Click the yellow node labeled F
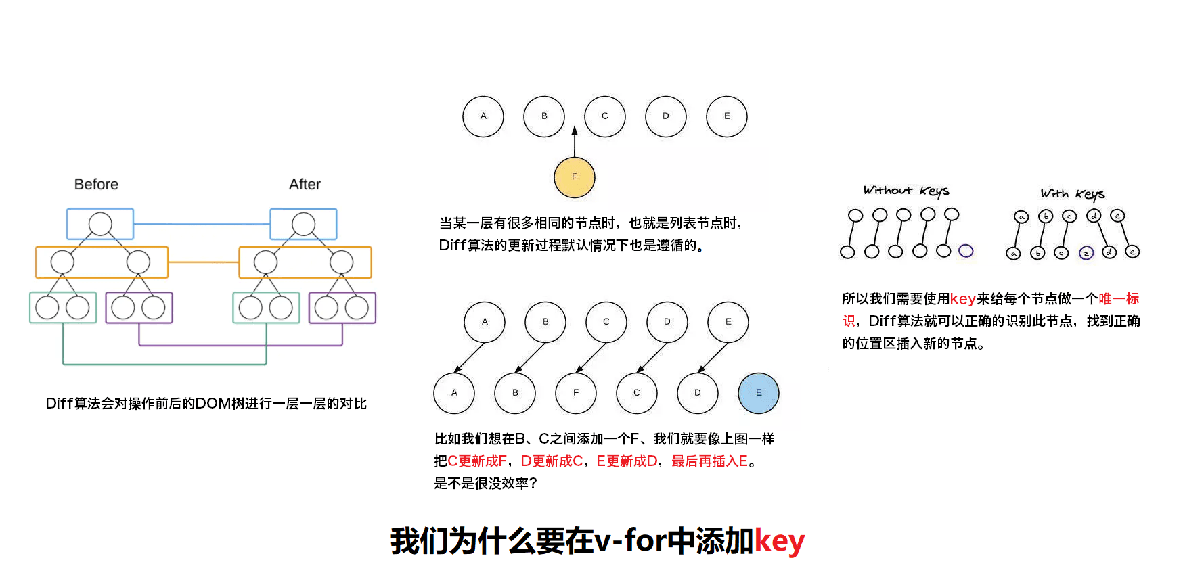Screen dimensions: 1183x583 (575, 177)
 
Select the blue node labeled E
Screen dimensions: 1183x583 (759, 393)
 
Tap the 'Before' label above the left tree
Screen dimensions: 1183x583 (96, 185)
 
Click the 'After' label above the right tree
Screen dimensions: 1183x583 (305, 185)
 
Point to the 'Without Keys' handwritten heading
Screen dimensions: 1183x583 (906, 191)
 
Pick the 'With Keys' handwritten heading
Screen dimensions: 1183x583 (1072, 194)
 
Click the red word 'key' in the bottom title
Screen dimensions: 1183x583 (780, 541)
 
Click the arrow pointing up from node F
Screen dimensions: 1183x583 (575, 141)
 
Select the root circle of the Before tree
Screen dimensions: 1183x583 (100, 224)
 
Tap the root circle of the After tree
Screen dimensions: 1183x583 (303, 224)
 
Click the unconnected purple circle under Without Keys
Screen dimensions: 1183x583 (966, 251)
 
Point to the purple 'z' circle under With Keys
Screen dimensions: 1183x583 (1086, 253)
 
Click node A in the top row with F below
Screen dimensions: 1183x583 (483, 116)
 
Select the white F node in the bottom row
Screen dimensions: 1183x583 (576, 393)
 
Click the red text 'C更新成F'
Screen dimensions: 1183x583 (477, 461)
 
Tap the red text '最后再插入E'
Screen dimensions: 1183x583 (709, 461)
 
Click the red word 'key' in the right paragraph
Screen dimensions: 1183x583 (962, 299)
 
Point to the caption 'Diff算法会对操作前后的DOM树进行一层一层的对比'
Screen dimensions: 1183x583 (206, 404)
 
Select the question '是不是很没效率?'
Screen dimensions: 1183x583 (485, 484)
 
